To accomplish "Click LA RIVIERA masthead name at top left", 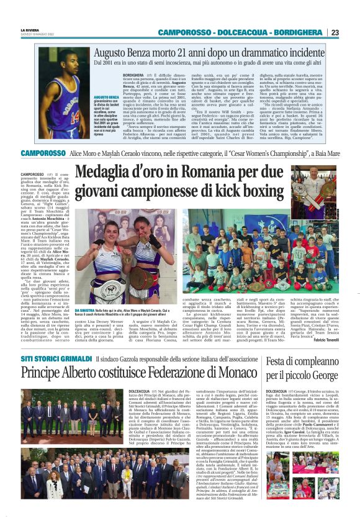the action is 30,29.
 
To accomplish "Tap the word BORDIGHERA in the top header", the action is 299,32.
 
